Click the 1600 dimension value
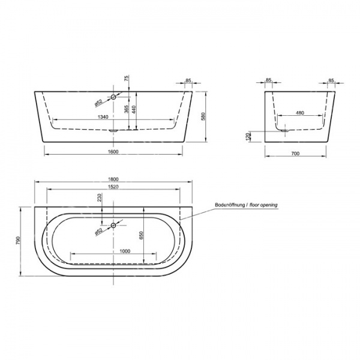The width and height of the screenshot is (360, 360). click(x=113, y=152)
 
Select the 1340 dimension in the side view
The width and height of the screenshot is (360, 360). click(x=103, y=117)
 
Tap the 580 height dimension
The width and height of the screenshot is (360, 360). click(x=203, y=116)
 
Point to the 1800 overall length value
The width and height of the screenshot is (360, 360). click(x=113, y=179)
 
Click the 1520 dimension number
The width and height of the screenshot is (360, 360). click(x=113, y=187)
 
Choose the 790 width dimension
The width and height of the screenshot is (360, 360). click(x=18, y=240)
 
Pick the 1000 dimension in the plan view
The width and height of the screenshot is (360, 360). click(x=125, y=251)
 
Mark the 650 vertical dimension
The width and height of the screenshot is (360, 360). click(x=141, y=235)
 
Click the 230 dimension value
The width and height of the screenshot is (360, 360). click(x=100, y=197)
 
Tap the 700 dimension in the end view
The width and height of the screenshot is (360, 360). click(x=295, y=154)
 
